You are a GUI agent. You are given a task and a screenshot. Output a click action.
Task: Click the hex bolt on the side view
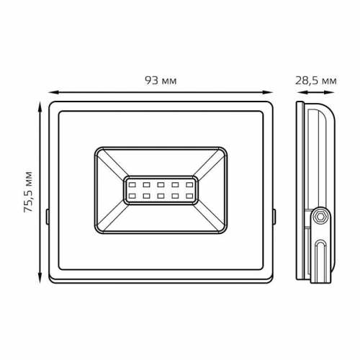pos(318,215)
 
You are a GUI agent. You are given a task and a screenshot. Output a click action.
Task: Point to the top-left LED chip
pos(132,185)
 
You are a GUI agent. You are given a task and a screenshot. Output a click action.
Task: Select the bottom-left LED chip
pos(132,196)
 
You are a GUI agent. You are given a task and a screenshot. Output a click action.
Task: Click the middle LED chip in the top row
pos(160,185)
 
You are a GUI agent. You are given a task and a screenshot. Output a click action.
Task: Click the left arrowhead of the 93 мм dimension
pos(52,92)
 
